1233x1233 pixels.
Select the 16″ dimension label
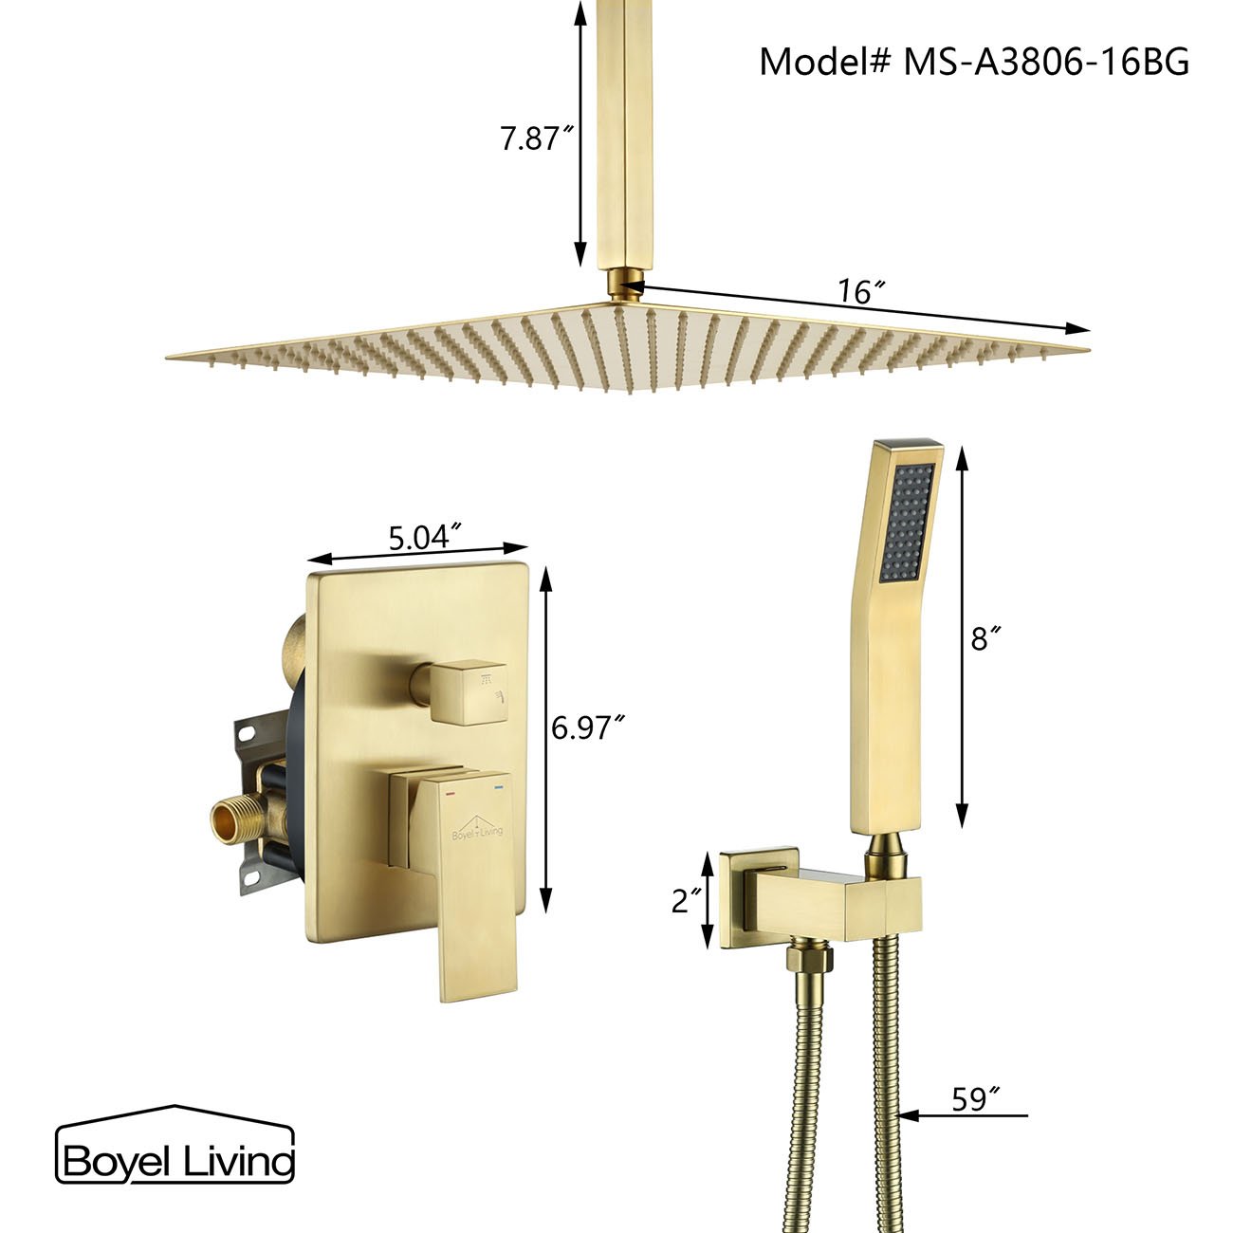(x=855, y=291)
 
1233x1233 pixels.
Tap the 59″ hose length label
(x=976, y=1099)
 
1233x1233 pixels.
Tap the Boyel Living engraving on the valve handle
(x=477, y=831)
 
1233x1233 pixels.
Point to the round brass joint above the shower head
(x=624, y=285)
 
